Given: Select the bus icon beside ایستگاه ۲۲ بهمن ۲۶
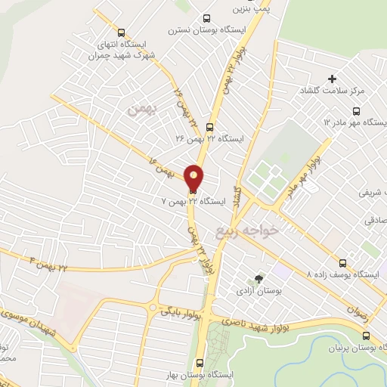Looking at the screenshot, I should pos(209,127).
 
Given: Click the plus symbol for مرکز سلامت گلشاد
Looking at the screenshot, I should pos(332,79).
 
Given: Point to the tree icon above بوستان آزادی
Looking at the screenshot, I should pos(260,279).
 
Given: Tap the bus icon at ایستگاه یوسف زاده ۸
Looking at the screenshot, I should pos(344,263).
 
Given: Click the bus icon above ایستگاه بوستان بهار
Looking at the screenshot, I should pos(200,363).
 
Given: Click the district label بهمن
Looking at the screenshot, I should pos(140,110).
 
